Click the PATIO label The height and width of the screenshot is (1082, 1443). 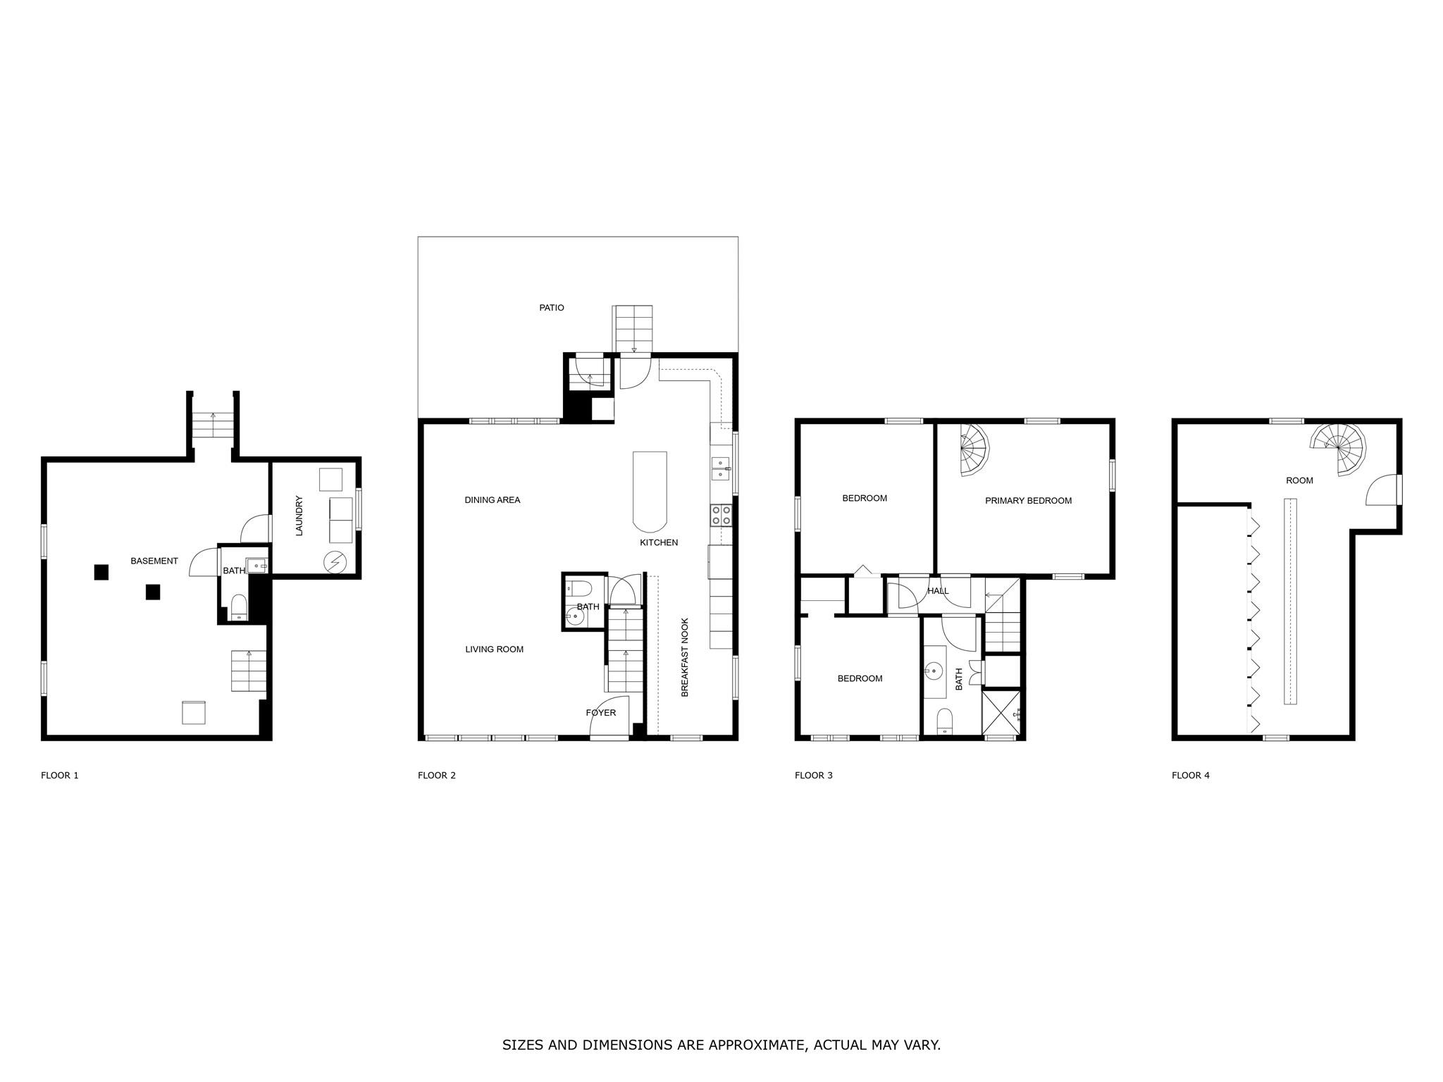click(552, 308)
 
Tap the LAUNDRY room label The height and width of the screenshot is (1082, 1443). click(299, 516)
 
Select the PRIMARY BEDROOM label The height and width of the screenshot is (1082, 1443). click(1028, 501)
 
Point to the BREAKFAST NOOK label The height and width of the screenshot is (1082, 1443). click(685, 657)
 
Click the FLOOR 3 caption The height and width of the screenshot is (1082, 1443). click(813, 776)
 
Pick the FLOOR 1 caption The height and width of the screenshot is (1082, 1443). click(60, 776)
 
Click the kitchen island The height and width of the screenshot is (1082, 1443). click(650, 492)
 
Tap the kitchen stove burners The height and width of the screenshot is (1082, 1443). click(721, 515)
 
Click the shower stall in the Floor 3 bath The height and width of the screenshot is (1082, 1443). click(1001, 713)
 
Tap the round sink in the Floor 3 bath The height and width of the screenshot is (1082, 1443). click(935, 670)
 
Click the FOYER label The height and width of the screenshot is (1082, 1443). click(601, 713)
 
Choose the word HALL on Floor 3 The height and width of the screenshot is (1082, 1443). click(938, 591)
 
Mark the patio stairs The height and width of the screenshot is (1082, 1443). click(632, 329)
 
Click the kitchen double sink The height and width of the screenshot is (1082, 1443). click(721, 468)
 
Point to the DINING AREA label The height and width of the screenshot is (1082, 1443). click(493, 500)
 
